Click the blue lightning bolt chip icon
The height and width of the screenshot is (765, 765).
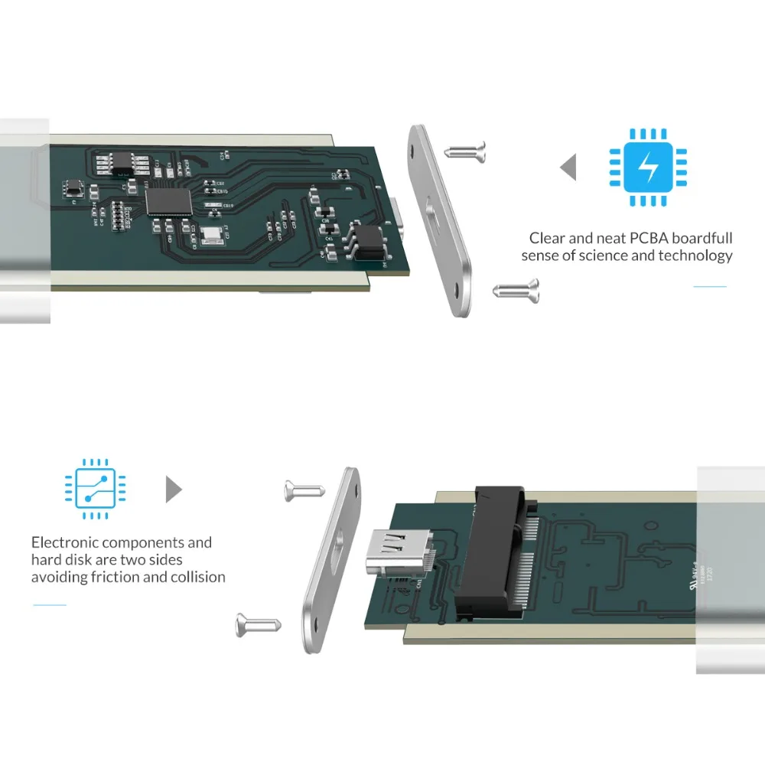pyautogui.click(x=647, y=167)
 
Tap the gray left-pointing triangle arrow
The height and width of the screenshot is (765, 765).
pyautogui.click(x=568, y=167)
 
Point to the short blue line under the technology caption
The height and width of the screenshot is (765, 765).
pyautogui.click(x=709, y=287)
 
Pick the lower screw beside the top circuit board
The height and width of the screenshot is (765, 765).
pyautogui.click(x=516, y=289)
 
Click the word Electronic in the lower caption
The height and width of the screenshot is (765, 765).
pyautogui.click(x=65, y=542)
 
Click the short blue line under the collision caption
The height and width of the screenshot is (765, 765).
pyautogui.click(x=49, y=605)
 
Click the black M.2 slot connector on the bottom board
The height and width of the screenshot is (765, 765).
pyautogui.click(x=490, y=551)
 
